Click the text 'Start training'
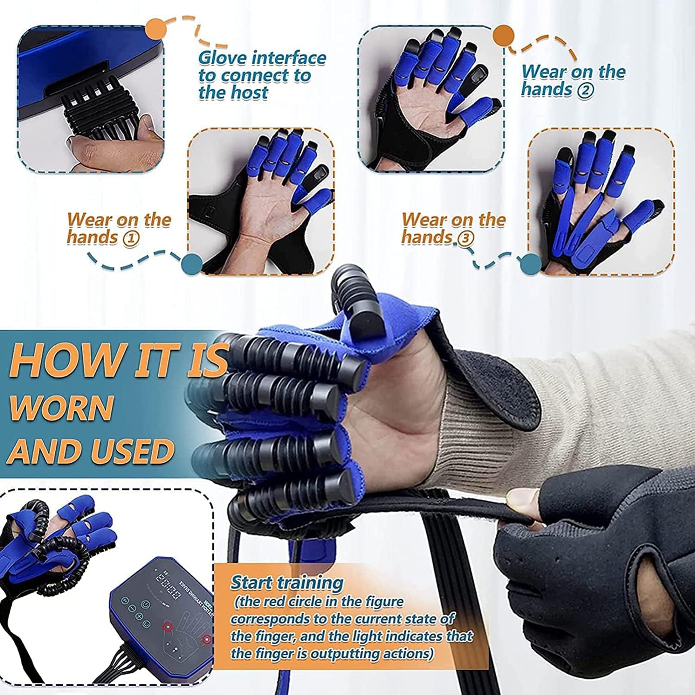pyautogui.click(x=287, y=582)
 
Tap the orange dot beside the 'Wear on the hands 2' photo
pyautogui.click(x=503, y=36)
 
